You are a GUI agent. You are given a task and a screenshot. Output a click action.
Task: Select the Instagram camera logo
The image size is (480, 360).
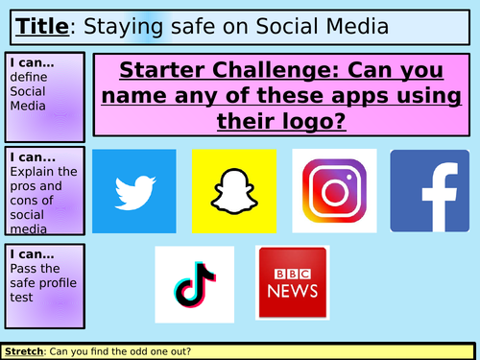pos(334,190)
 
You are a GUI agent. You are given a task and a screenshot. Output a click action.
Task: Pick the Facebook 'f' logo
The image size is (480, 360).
pos(429,190)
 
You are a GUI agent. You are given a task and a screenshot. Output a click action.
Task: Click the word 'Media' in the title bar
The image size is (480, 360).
pos(354,25)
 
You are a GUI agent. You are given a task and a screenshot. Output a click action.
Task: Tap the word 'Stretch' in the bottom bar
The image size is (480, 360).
pos(23,351)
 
